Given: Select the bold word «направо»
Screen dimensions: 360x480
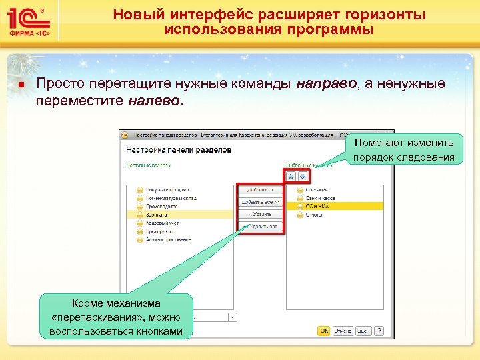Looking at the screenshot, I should tap(326, 84).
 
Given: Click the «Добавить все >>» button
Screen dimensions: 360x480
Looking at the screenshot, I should tap(261, 202).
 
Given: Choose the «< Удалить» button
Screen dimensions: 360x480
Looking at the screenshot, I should tap(261, 215).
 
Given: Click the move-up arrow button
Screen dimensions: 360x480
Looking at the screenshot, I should tap(291, 176).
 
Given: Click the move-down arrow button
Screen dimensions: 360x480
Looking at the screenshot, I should tap(303, 176).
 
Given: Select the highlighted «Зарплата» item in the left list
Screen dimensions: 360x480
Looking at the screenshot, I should tap(157, 215).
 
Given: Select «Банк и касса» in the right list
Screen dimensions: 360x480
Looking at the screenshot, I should tap(320, 199).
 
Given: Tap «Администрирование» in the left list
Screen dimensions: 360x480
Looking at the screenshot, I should tap(168, 239).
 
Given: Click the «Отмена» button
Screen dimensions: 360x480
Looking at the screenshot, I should tap(343, 330).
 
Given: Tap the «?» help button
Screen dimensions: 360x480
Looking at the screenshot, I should tap(379, 330).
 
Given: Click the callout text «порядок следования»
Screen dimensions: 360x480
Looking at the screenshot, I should tap(404, 157).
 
